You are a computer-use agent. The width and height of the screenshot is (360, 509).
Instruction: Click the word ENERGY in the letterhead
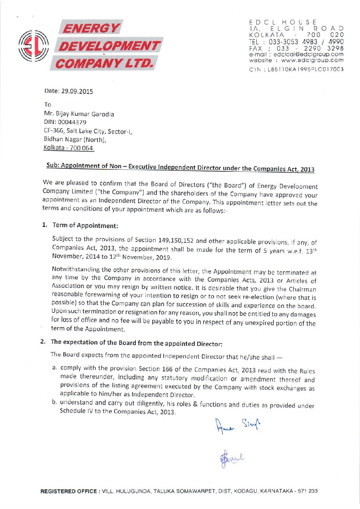pyautogui.click(x=91, y=28)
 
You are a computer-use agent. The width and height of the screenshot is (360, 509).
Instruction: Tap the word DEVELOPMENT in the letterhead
pyautogui.click(x=109, y=46)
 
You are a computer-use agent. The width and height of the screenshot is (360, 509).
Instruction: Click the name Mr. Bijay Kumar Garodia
pyautogui.click(x=79, y=114)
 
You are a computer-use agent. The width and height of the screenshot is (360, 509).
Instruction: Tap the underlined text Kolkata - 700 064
pyautogui.click(x=69, y=148)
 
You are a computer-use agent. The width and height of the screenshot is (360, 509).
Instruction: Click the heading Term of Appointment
pyautogui.click(x=85, y=225)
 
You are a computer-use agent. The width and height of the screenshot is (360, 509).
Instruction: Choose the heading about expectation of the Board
pyautogui.click(x=136, y=343)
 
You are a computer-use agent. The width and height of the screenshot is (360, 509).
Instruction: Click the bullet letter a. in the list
pyautogui.click(x=54, y=368)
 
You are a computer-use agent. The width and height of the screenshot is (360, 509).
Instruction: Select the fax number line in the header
pyautogui.click(x=296, y=48)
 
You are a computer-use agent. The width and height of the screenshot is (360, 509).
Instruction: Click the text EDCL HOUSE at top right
pyautogui.click(x=283, y=22)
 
